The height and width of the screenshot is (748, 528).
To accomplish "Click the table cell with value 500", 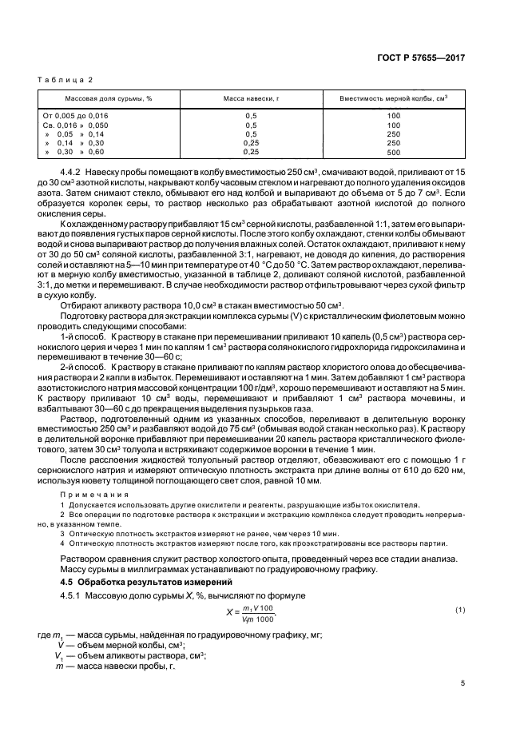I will click(x=393, y=152).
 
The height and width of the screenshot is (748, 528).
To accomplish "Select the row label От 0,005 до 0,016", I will click(x=75, y=116).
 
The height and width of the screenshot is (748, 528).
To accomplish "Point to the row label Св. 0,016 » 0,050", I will click(x=75, y=125).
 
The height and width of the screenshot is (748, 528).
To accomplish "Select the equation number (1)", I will click(x=460, y=611).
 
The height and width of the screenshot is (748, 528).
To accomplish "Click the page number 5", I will click(x=462, y=682).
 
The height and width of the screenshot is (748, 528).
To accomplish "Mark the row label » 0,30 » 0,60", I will click(x=75, y=152).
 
